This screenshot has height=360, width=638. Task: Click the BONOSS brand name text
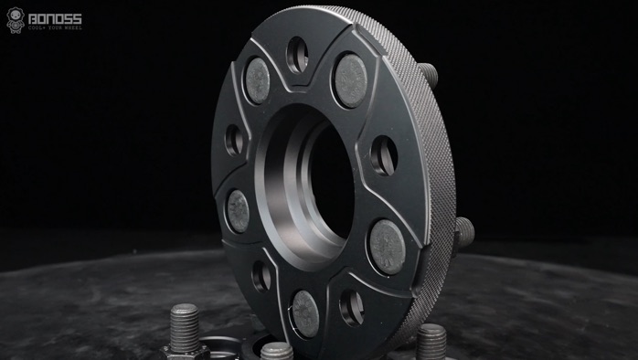tap(55, 17)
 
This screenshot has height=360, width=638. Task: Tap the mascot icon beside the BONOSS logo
tap(16, 20)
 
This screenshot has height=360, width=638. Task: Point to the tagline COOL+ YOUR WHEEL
tap(55, 27)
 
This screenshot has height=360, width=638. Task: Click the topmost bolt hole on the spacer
tap(296, 56)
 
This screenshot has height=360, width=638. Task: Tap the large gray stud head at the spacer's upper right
tap(349, 79)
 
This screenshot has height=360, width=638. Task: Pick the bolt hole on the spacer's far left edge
tap(234, 140)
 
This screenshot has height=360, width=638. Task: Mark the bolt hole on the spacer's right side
tap(383, 155)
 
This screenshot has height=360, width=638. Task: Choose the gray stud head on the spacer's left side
tap(238, 211)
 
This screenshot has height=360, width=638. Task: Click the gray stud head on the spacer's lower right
tap(386, 248)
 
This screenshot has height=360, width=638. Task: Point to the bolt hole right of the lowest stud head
tap(351, 309)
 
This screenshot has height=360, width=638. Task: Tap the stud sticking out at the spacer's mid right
tap(463, 232)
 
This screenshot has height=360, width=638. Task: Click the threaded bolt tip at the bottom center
tap(275, 351)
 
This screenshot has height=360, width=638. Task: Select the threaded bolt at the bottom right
tap(431, 341)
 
